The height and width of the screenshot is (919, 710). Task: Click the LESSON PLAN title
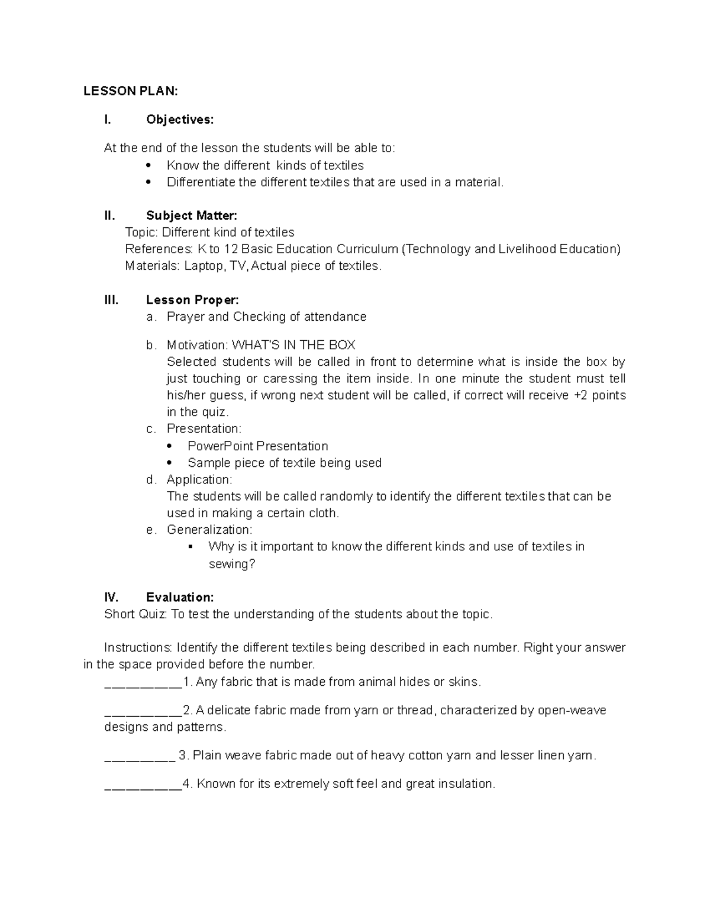130,91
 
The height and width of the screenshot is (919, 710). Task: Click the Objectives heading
180,120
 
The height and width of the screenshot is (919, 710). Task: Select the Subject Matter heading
191,215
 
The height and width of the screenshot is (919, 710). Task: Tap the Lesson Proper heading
192,300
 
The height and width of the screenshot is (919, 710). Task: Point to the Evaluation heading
180,597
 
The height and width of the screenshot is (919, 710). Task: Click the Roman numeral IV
111,597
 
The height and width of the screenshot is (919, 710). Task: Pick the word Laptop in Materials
204,266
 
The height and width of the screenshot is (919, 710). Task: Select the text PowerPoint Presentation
257,446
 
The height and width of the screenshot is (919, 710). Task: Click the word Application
199,479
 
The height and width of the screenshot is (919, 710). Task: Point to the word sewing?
232,564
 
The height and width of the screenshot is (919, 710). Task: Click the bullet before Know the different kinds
148,166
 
